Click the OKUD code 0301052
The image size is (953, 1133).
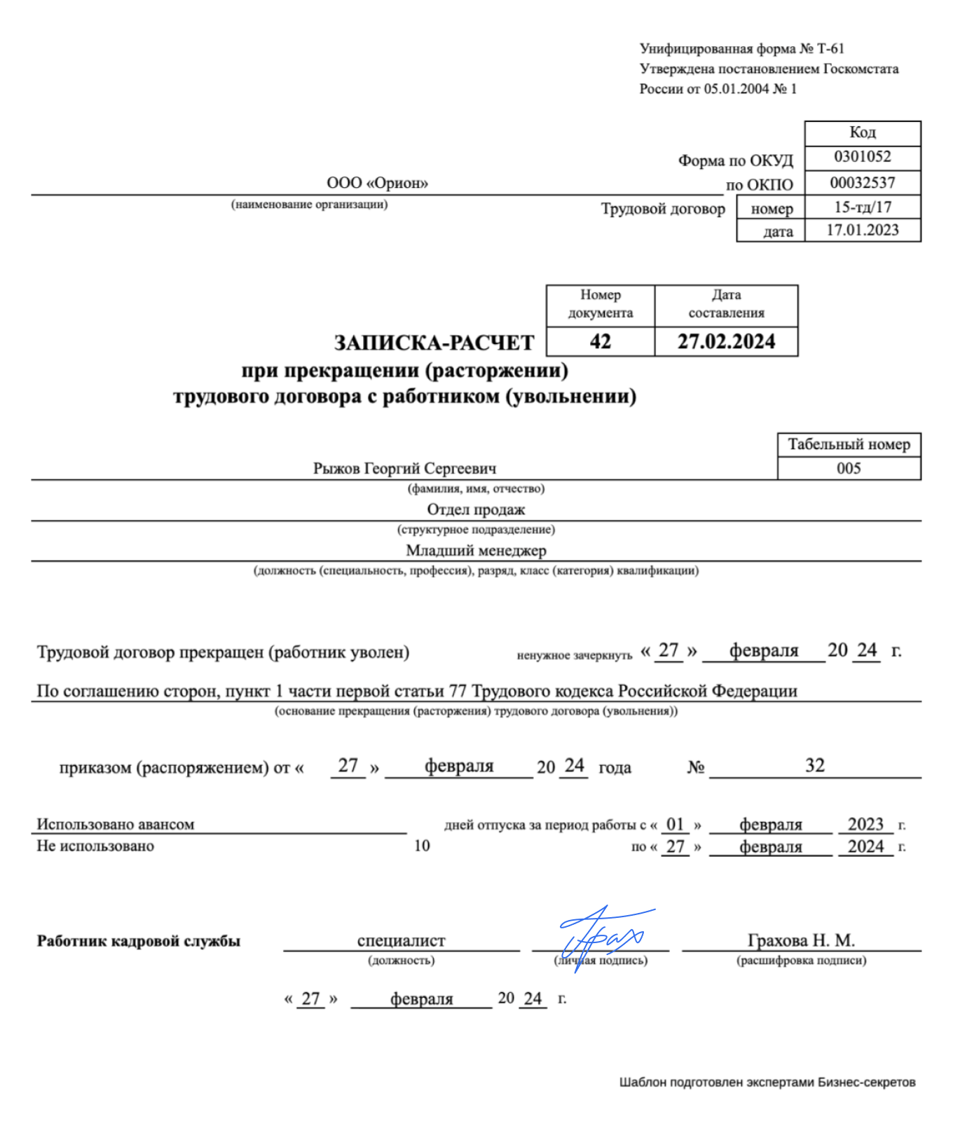(862, 157)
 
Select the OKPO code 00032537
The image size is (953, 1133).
(862, 183)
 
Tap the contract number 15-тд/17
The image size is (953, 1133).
(862, 207)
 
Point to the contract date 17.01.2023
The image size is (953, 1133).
(862, 231)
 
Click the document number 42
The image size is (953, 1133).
(600, 342)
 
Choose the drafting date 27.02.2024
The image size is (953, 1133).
(726, 342)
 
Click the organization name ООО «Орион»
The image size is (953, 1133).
(377, 183)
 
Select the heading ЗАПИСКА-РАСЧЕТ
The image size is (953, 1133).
(434, 343)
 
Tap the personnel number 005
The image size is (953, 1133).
(849, 468)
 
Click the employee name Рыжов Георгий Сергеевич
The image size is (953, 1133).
(404, 468)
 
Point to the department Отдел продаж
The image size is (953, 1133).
(476, 509)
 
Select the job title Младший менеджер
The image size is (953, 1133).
(476, 551)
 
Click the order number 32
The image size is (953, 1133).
(814, 765)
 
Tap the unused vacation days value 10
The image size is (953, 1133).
(422, 846)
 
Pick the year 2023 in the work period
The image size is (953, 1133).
(865, 824)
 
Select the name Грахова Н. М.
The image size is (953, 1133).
(801, 940)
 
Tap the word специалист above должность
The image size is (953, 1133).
(401, 940)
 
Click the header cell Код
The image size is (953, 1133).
(862, 132)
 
